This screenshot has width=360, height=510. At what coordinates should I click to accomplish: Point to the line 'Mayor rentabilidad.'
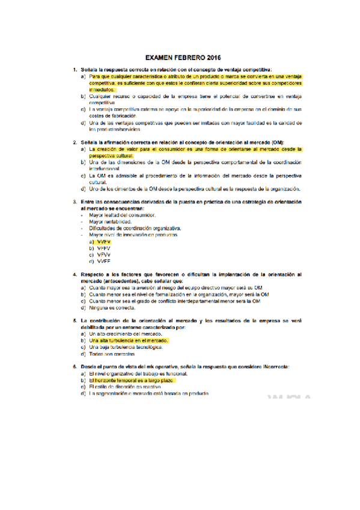110,221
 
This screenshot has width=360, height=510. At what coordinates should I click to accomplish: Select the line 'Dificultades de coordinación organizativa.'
135,229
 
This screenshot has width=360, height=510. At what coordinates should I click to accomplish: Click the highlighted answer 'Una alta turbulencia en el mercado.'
129,341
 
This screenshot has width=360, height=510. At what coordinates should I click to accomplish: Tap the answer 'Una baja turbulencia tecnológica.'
126,348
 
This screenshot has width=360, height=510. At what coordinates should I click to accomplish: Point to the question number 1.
75,70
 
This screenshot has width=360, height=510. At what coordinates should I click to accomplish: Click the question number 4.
75,274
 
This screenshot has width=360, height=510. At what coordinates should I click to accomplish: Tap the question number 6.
75,367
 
